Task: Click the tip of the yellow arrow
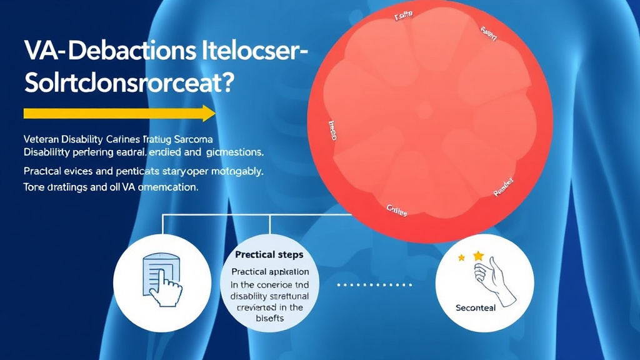[x=214, y=113]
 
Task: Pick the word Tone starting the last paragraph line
[x=35, y=187]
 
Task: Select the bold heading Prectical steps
[x=269, y=254]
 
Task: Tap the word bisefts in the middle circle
[x=270, y=318]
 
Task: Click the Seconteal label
[x=476, y=308]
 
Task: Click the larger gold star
[x=479, y=256]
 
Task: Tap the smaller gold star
[x=462, y=257]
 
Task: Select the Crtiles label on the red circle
[x=397, y=211]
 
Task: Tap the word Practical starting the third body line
[x=45, y=170]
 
